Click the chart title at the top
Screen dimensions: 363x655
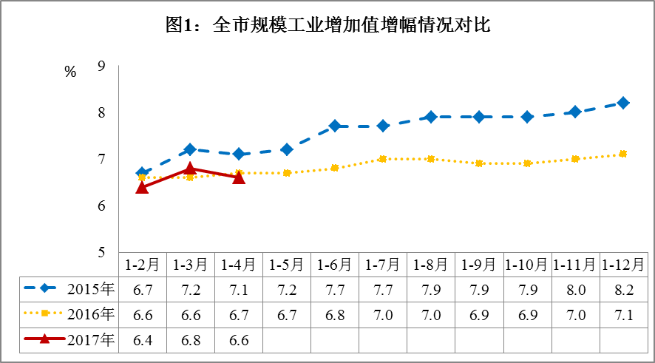pos(327,25)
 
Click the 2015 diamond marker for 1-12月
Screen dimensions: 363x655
pos(623,103)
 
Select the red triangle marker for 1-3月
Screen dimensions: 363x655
pos(190,169)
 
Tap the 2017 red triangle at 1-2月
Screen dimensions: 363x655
pos(142,187)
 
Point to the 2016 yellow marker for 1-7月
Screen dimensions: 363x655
pos(382,159)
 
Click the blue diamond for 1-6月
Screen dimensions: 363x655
pos(334,126)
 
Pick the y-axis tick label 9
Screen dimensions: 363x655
pos(101,67)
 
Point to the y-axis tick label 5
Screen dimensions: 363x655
pos(101,252)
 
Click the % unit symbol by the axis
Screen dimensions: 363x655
pos(70,72)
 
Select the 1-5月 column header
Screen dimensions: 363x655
pos(286,264)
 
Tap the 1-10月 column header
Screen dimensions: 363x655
pos(526,264)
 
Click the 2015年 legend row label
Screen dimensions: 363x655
pos(89,288)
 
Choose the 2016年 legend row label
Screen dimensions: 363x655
pos(89,314)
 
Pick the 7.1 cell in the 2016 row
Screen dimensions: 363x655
pos(622,315)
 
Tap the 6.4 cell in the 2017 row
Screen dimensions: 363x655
pos(142,341)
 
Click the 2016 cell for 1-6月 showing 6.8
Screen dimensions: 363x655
pos(334,315)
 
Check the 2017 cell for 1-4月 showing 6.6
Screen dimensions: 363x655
pos(238,341)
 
